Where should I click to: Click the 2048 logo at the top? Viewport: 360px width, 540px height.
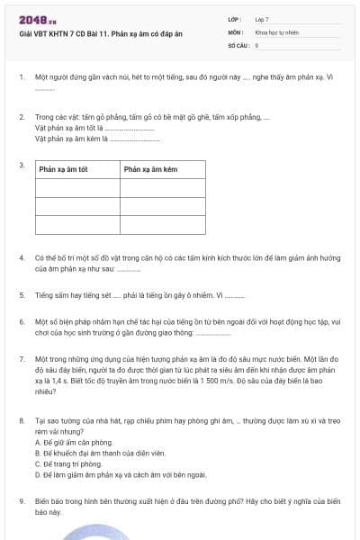pos(37,20)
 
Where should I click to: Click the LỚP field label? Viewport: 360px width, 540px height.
pos(234,19)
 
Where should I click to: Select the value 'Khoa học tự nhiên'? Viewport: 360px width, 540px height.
pos(276,31)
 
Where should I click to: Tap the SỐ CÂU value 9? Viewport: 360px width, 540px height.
pos(257,44)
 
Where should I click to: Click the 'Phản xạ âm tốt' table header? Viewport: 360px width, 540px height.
pos(62,169)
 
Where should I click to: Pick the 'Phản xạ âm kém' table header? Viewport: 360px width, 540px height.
pos(148,169)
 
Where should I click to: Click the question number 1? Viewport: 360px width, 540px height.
pos(21,77)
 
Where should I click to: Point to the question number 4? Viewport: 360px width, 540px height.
pos(21,257)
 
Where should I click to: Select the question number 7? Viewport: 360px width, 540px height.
pos(21,358)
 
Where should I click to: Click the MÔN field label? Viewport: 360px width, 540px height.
pos(234,31)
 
